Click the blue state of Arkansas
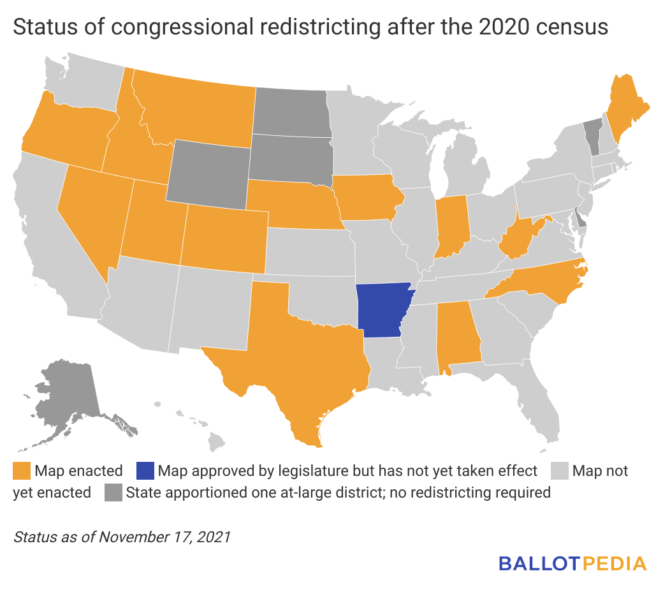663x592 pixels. click(382, 309)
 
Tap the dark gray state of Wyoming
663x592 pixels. click(207, 172)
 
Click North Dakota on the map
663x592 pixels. click(290, 112)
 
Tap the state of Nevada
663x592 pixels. click(92, 211)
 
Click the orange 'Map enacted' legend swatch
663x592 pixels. click(21, 471)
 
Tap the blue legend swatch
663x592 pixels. click(145, 471)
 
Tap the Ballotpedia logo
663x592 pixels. click(572, 563)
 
